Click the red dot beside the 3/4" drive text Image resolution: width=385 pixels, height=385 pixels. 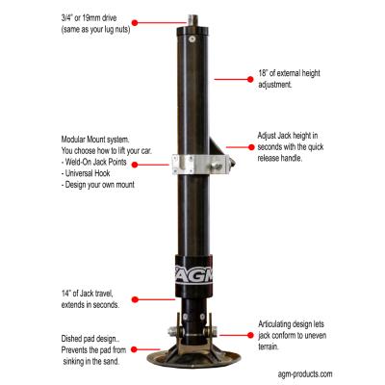[x=132, y=19]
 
